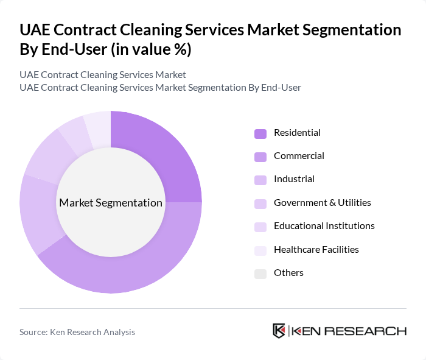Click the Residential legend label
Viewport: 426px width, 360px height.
297,133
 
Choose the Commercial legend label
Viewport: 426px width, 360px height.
299,156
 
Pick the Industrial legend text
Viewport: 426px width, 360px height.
294,179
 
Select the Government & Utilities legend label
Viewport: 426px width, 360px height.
322,203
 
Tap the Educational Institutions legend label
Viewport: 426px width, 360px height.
324,226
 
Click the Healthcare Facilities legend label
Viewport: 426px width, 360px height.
316,250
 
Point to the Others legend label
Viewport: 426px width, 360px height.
288,273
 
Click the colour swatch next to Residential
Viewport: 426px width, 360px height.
260,133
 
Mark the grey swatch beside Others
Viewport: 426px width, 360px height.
260,274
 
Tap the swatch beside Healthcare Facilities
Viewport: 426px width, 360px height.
260,250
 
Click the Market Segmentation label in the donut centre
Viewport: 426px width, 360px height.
111,203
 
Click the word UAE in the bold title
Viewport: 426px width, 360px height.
36,31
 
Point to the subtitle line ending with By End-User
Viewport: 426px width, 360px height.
160,88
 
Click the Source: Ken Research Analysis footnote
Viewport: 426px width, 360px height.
77,332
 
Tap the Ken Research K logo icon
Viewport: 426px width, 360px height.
279,331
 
